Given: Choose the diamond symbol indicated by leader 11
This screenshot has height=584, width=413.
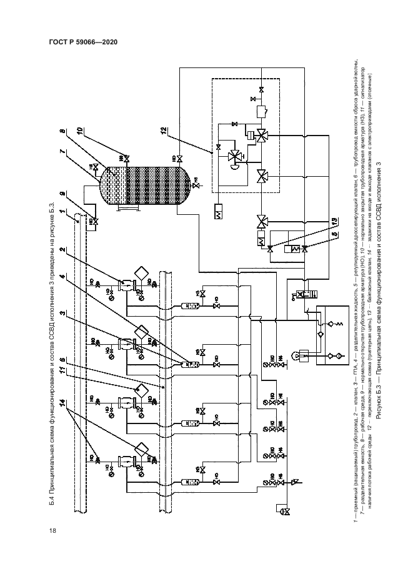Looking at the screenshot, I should tap(141, 390).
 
